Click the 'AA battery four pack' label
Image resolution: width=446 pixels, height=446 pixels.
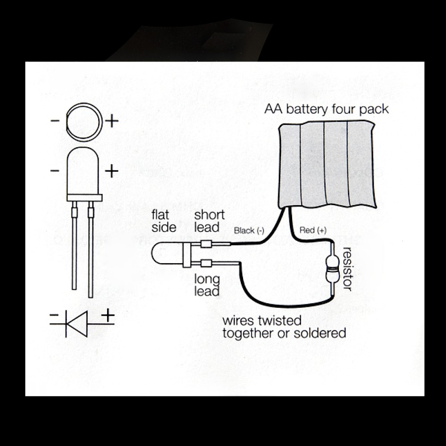[x=326, y=110]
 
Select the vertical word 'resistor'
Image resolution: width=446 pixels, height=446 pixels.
[x=347, y=269]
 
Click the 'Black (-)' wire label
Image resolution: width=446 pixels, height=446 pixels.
[x=249, y=231]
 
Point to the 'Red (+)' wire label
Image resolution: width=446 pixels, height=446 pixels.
[x=313, y=230]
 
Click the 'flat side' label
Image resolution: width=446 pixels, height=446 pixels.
[x=164, y=221]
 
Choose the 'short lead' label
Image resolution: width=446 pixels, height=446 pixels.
[x=209, y=221]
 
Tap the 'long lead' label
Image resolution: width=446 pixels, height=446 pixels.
[x=207, y=285]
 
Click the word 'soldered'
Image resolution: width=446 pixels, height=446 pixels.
[x=320, y=333]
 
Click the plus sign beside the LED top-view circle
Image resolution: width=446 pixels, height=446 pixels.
[x=112, y=121]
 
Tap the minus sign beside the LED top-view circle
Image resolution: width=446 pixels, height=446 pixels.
[x=55, y=120]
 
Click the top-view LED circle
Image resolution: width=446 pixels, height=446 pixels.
[x=84, y=103]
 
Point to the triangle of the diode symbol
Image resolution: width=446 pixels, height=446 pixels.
[x=77, y=324]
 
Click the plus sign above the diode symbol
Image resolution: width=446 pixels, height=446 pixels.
[x=108, y=315]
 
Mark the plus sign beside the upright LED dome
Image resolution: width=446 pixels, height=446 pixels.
[x=111, y=171]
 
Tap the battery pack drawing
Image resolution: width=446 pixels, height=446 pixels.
[x=326, y=165]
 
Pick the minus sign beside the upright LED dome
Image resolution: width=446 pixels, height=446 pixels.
[x=55, y=171]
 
